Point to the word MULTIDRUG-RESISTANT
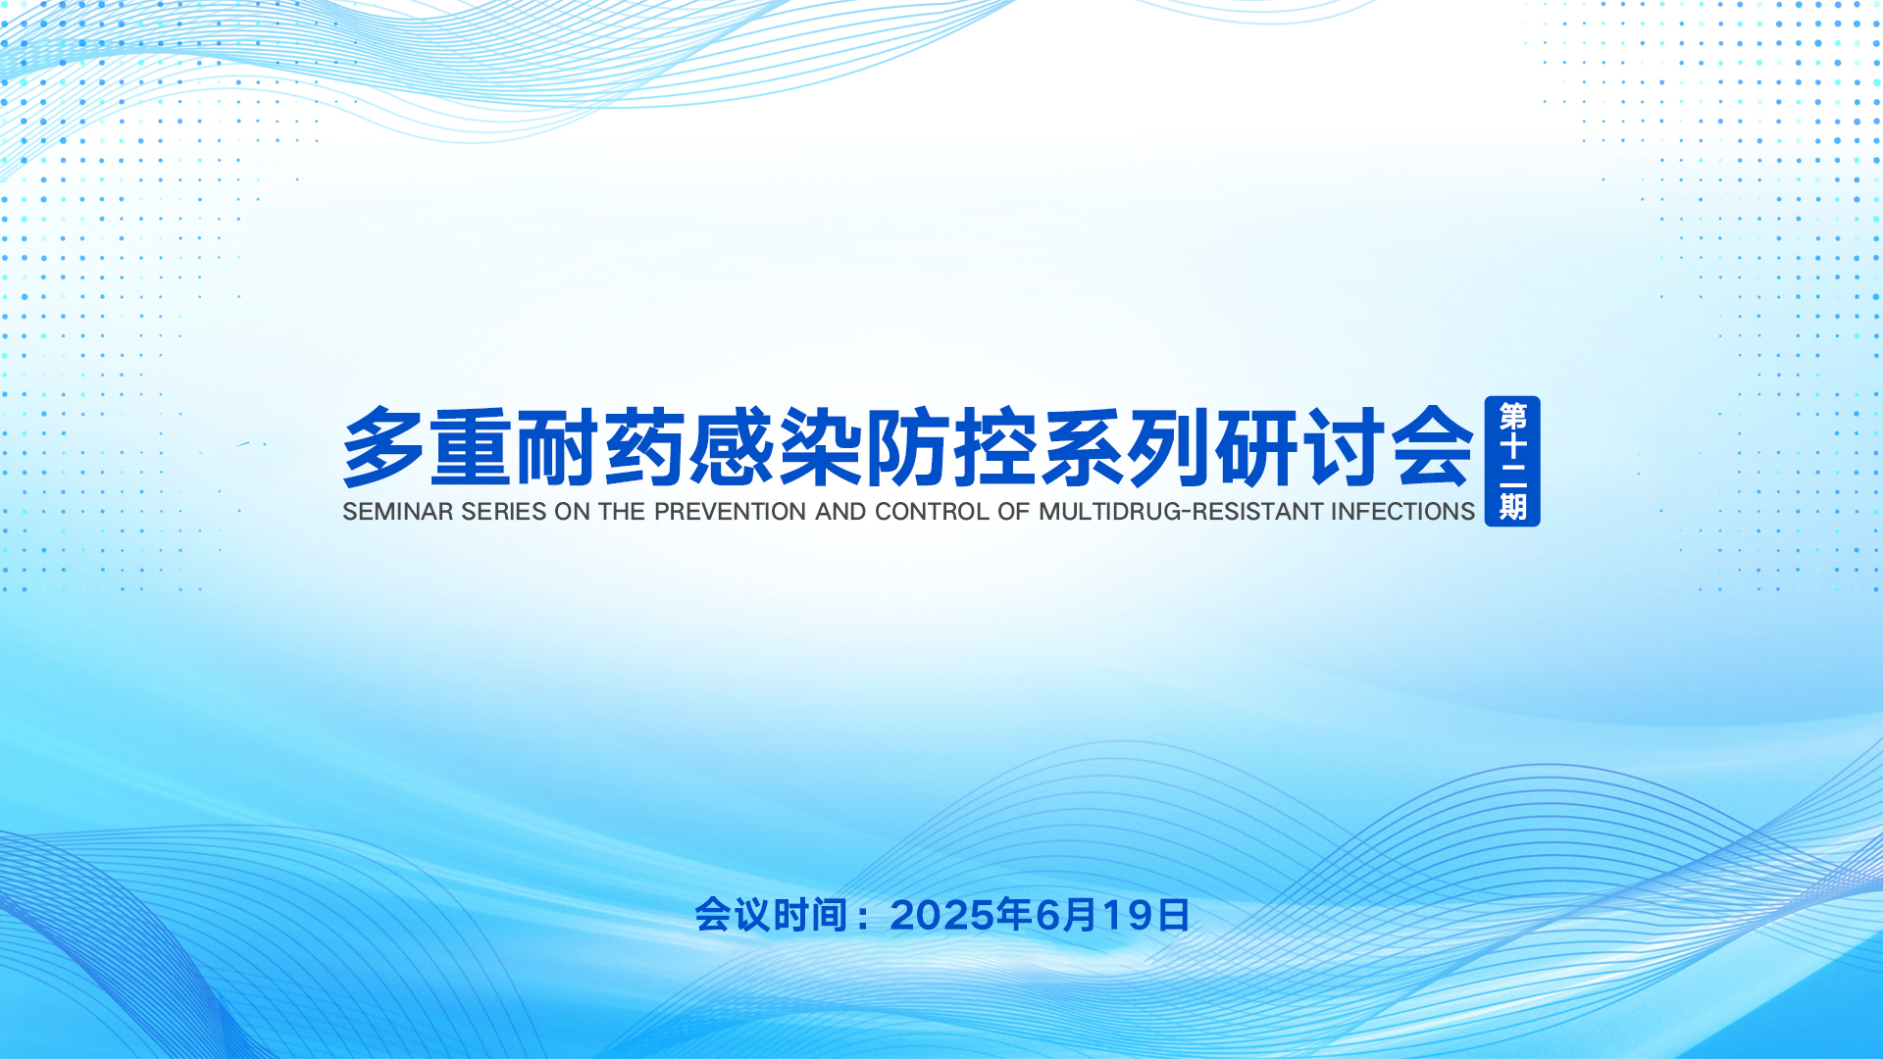[x=1181, y=512]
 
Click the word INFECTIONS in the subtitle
[x=1402, y=512]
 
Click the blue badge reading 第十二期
[x=1512, y=461]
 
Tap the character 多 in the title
[x=383, y=447]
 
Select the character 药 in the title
[x=645, y=447]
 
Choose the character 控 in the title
[x=994, y=447]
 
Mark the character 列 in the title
[x=1169, y=447]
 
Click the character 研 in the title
[x=1257, y=447]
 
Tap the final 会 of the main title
[x=1434, y=447]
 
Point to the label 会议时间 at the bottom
[x=771, y=916]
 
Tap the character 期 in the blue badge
[x=1512, y=507]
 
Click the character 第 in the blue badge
[x=1512, y=417]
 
